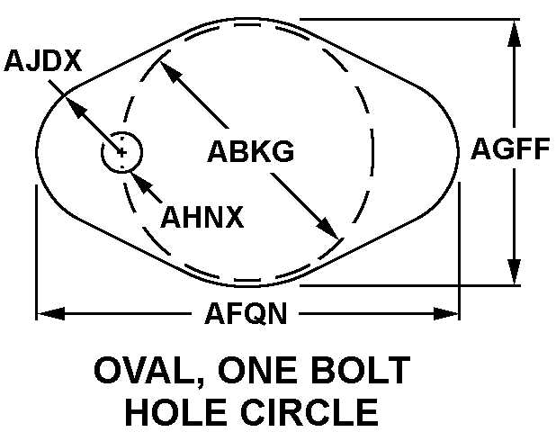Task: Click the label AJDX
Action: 43,60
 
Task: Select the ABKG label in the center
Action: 251,151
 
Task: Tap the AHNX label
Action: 202,217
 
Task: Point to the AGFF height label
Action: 510,148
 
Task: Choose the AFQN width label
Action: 246,313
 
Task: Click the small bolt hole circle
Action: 122,152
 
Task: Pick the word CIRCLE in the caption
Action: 309,412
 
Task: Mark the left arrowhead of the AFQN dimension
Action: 50,313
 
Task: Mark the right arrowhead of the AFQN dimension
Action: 446,313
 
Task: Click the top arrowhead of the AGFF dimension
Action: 514,33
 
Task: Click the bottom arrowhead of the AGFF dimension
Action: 514,272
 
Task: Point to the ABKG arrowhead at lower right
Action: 327,228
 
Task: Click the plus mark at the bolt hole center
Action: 122,153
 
